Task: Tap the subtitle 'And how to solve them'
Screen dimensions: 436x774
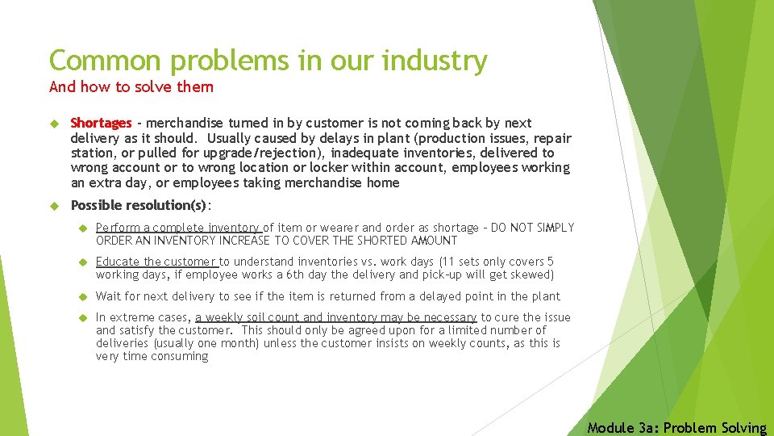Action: click(131, 86)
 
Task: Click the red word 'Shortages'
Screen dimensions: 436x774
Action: click(101, 124)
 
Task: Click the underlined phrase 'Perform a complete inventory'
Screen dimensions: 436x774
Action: click(178, 228)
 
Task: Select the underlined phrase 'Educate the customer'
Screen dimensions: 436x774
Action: click(156, 262)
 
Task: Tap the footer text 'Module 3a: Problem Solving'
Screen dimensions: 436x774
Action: click(676, 427)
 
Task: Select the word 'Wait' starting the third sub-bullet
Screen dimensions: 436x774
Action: click(108, 296)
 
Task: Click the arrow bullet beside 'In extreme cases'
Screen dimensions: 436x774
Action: click(81, 317)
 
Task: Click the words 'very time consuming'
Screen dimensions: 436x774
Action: click(152, 356)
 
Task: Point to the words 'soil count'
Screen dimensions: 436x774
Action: click(271, 317)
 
